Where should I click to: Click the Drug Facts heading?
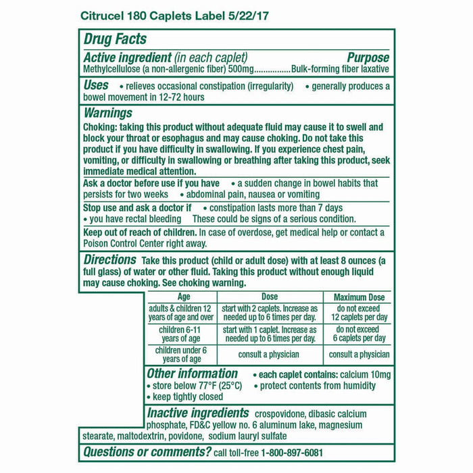116,40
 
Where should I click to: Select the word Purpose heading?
368,57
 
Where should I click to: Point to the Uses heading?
95,86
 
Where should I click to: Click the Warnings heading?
107,114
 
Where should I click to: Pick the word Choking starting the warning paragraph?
100,127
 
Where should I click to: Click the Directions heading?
110,260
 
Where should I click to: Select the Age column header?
183,297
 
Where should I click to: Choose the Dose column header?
269,297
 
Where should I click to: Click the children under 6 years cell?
181,355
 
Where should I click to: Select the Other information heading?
192,374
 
